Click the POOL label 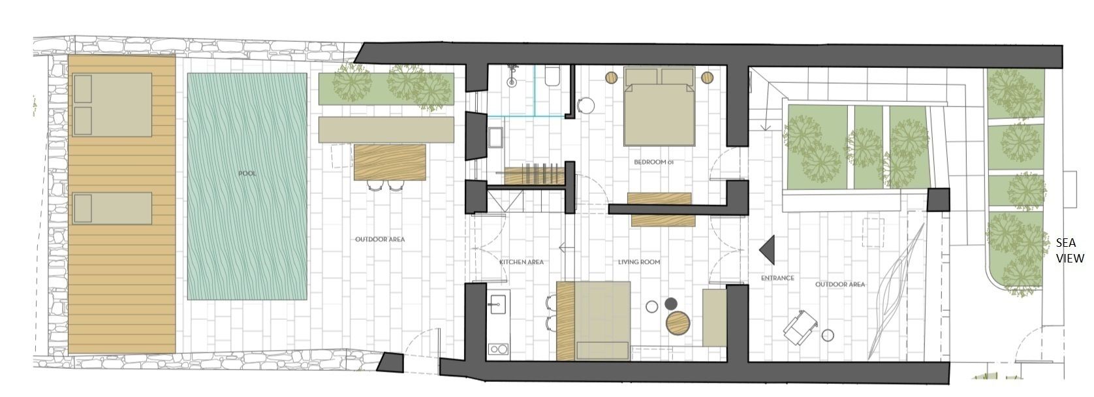pos(247,174)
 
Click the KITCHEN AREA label pos(521,262)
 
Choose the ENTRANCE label pos(777,278)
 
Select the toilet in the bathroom pos(553,77)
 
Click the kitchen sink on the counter pos(498,303)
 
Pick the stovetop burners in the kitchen pos(498,349)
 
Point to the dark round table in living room pos(670,304)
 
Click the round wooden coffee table pos(678,322)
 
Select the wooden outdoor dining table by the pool pos(390,162)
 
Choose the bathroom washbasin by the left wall pos(495,138)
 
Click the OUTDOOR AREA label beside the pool pos(379,239)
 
